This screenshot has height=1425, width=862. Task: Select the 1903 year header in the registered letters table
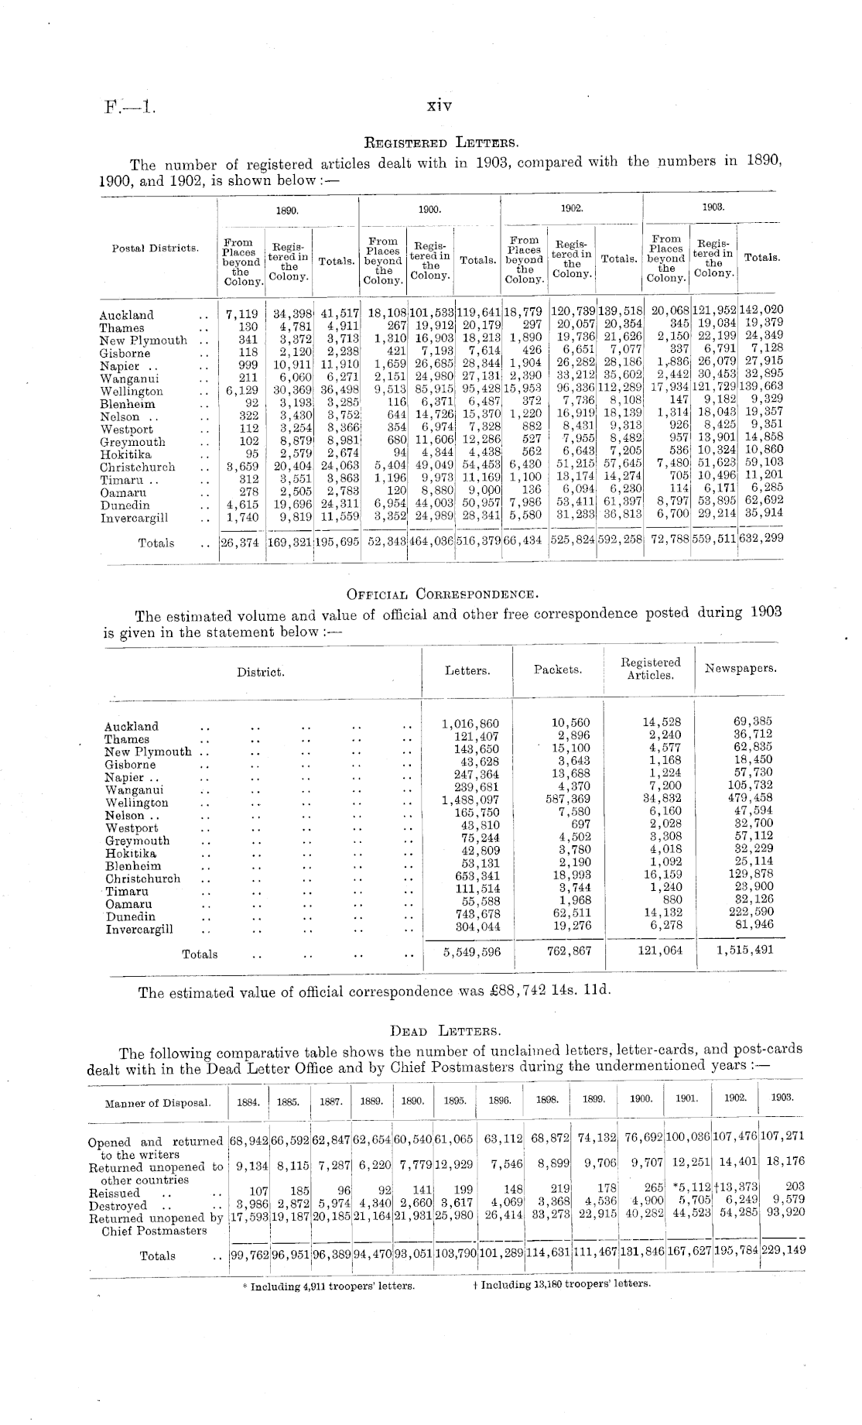pyautogui.click(x=713, y=208)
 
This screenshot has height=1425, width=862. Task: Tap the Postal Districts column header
pyautogui.click(x=156, y=248)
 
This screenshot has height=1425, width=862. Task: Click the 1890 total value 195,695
pyautogui.click(x=339, y=543)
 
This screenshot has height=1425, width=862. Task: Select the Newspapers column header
pyautogui.click(x=741, y=668)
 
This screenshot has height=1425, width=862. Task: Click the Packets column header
pyautogui.click(x=558, y=670)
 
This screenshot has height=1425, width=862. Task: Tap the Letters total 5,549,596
pyautogui.click(x=471, y=952)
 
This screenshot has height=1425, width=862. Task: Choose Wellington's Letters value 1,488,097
pyautogui.click(x=470, y=802)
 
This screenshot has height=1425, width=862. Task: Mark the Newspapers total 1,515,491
pyautogui.click(x=744, y=950)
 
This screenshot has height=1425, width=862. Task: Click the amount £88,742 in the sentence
pyautogui.click(x=510, y=992)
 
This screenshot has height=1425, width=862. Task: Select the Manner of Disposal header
pyautogui.click(x=157, y=1103)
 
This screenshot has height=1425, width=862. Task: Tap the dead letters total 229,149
pyautogui.click(x=782, y=1249)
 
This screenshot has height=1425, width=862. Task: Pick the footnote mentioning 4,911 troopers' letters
pyautogui.click(x=328, y=1286)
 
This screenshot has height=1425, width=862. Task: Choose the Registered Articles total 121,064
pyautogui.click(x=660, y=950)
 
